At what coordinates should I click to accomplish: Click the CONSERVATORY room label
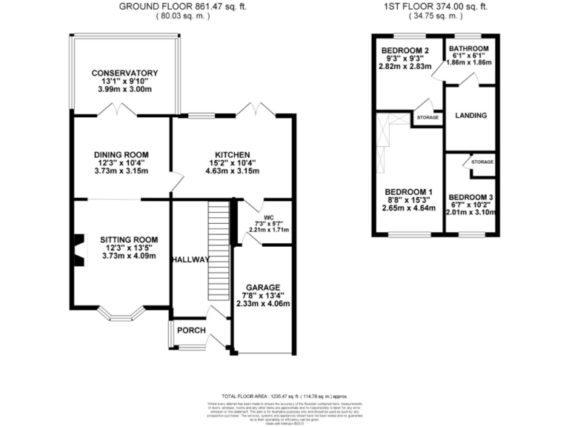point(124,73)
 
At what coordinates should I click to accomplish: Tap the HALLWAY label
point(190,259)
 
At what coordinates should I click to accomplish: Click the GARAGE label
point(262,286)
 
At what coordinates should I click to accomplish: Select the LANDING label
point(470,116)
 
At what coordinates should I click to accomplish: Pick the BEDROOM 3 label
point(470,196)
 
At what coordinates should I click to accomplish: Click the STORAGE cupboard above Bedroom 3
point(482,162)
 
